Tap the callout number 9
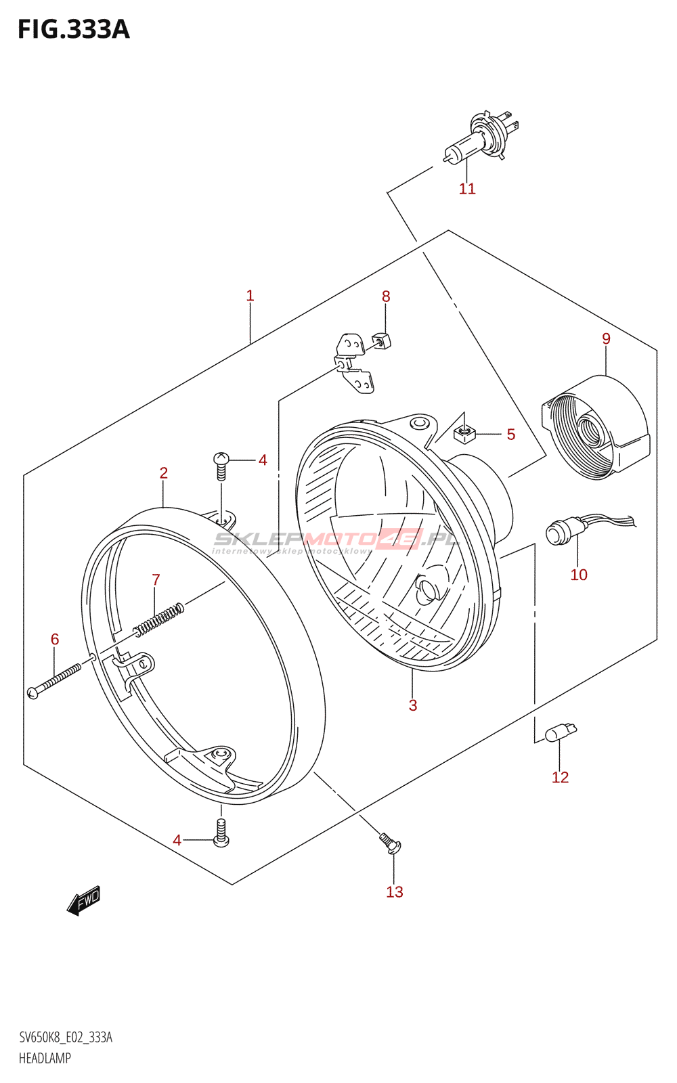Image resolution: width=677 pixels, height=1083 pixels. click(606, 338)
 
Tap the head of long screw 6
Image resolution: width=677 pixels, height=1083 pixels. click(32, 692)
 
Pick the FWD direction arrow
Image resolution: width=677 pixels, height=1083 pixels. click(84, 901)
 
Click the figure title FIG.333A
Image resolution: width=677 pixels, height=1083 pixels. click(73, 30)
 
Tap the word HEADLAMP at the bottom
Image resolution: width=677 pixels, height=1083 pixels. click(45, 1058)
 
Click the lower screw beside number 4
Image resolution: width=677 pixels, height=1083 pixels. click(221, 833)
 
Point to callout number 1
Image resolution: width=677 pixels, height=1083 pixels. click(250, 296)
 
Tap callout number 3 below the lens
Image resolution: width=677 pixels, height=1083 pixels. click(412, 705)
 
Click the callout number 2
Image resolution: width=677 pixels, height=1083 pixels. click(164, 473)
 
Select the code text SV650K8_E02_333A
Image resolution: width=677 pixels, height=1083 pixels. click(66, 1038)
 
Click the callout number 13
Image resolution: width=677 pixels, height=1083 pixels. click(395, 892)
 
